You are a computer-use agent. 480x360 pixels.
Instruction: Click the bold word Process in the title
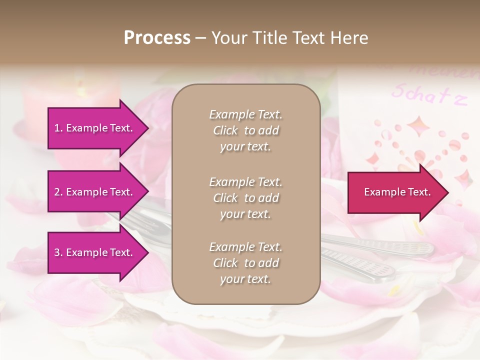(x=157, y=38)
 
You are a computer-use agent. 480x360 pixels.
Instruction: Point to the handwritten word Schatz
(x=428, y=94)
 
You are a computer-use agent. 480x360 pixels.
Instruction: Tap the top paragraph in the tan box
(x=245, y=130)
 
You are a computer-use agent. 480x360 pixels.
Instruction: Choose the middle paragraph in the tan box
(x=245, y=198)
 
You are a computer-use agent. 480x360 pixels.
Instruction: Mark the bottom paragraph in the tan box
(x=245, y=263)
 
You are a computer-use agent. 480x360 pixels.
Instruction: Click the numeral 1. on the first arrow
(x=58, y=128)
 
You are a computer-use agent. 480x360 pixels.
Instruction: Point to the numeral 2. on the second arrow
(x=58, y=192)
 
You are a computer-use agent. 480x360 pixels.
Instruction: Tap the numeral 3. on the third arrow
(x=58, y=252)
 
